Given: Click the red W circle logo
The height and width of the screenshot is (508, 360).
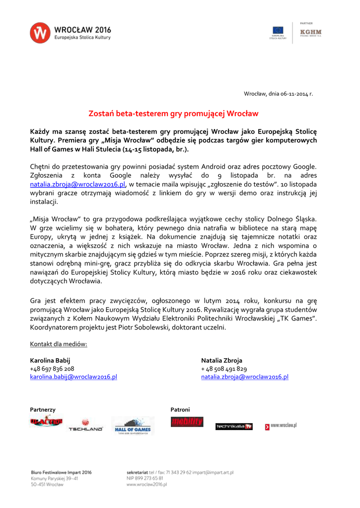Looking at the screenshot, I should click(40, 33).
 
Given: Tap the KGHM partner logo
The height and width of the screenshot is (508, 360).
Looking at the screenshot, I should click(311, 33).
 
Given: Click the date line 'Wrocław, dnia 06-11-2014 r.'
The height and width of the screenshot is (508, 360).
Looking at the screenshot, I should click(278, 94).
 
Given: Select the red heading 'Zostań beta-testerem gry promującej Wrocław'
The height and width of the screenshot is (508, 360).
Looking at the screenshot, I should click(173, 114).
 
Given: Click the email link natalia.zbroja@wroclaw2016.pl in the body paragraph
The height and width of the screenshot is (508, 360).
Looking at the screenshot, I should click(77, 184).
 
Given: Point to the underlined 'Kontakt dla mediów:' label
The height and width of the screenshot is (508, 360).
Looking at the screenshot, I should click(59, 344).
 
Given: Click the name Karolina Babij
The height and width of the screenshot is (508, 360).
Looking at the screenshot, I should click(50, 360).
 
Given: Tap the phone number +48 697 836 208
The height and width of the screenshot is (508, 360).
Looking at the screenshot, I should click(52, 369).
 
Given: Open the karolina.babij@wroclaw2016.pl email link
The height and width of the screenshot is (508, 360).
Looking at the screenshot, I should click(73, 377).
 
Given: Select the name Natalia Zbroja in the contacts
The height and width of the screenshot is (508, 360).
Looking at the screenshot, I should click(221, 360).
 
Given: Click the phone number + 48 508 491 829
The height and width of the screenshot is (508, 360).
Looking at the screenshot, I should click(224, 369).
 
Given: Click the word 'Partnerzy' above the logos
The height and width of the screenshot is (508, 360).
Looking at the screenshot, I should click(43, 410).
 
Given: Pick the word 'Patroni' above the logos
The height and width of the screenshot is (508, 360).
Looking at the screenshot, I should click(180, 410).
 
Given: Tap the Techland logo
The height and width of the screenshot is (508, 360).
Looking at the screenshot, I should click(85, 426).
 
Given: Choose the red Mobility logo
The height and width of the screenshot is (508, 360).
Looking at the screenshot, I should click(187, 422).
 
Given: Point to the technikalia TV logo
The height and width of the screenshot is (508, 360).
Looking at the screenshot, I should click(234, 427).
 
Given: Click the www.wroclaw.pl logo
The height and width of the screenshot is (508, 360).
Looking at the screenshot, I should click(281, 426).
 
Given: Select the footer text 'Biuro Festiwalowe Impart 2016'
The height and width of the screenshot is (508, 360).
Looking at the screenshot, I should click(61, 472).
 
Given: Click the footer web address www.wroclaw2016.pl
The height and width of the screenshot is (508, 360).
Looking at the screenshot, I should click(147, 484).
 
